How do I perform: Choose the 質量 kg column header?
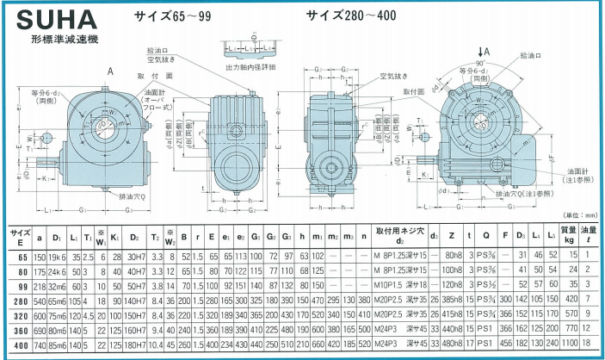pos(568,234)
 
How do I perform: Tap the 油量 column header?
pos(590,234)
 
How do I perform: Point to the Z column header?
pos(451,234)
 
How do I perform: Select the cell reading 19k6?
pos(57,256)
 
